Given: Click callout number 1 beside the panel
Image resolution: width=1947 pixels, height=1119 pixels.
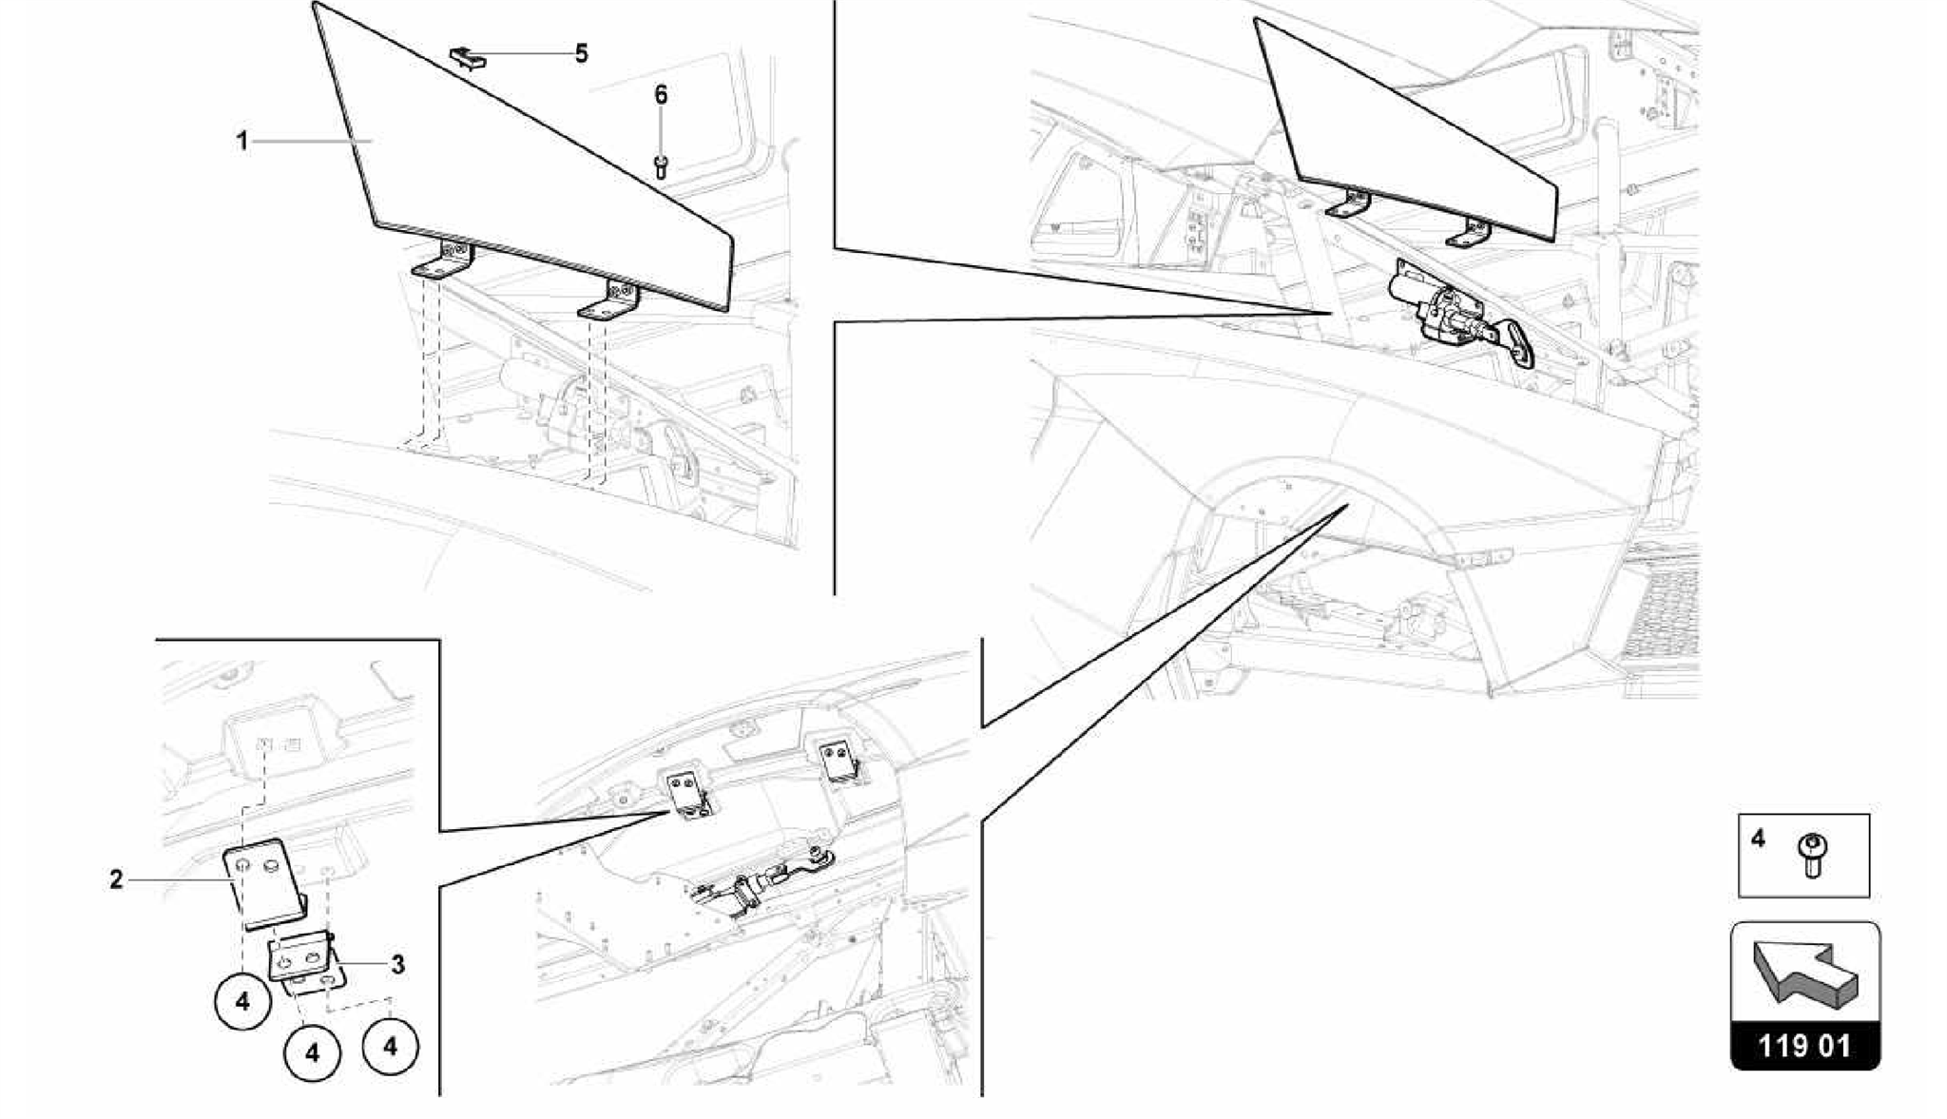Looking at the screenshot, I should tap(242, 142).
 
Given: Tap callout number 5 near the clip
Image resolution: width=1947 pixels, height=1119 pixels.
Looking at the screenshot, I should tap(581, 53).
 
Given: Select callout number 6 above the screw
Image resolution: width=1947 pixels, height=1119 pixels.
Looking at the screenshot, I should tap(661, 95).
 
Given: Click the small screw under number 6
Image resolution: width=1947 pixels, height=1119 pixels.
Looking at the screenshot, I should tap(662, 167).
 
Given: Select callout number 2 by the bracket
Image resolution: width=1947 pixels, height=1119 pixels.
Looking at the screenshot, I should tap(116, 880).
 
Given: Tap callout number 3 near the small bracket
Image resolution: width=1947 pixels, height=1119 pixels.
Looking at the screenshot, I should tap(397, 965).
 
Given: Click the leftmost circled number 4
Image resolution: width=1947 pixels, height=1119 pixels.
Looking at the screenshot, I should tap(242, 1001).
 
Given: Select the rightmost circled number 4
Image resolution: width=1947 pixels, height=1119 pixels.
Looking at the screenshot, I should tap(391, 1046).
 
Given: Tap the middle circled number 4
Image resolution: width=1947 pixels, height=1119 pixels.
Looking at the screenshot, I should tap(312, 1052).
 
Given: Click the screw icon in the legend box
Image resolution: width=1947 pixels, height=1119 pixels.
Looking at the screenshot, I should tap(1812, 856).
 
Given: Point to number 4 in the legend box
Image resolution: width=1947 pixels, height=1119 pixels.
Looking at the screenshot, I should tap(1758, 839).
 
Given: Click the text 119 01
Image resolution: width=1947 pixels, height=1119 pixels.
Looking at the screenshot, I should tap(1804, 1047).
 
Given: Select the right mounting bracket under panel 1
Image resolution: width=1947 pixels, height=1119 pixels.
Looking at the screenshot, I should tap(610, 301).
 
